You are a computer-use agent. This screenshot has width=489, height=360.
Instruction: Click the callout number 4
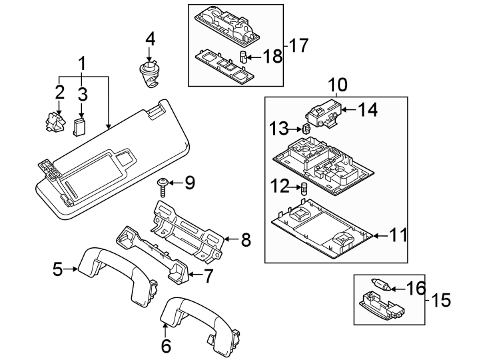tap(151, 39)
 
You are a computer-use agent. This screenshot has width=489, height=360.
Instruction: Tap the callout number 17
tap(299, 46)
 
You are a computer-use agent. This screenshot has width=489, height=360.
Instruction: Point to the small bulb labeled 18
tap(244, 56)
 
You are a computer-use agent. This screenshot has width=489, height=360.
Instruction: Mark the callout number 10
tap(338, 85)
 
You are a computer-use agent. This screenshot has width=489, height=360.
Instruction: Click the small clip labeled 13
tap(305, 129)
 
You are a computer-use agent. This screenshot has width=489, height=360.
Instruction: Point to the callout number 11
tap(398, 235)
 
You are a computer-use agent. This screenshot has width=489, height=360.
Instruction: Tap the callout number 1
tap(83, 64)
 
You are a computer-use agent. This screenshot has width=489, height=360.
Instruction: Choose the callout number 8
tap(245, 239)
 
